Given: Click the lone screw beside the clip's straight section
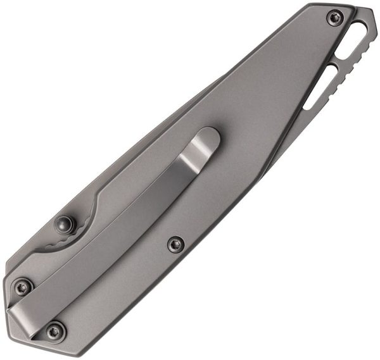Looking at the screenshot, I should click(175, 244).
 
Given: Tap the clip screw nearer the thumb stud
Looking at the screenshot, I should click(24, 287).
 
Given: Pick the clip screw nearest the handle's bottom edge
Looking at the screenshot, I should click(56, 330).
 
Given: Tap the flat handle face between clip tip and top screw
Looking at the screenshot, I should click(266, 82).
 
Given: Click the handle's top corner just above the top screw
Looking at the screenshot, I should click(329, 6).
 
